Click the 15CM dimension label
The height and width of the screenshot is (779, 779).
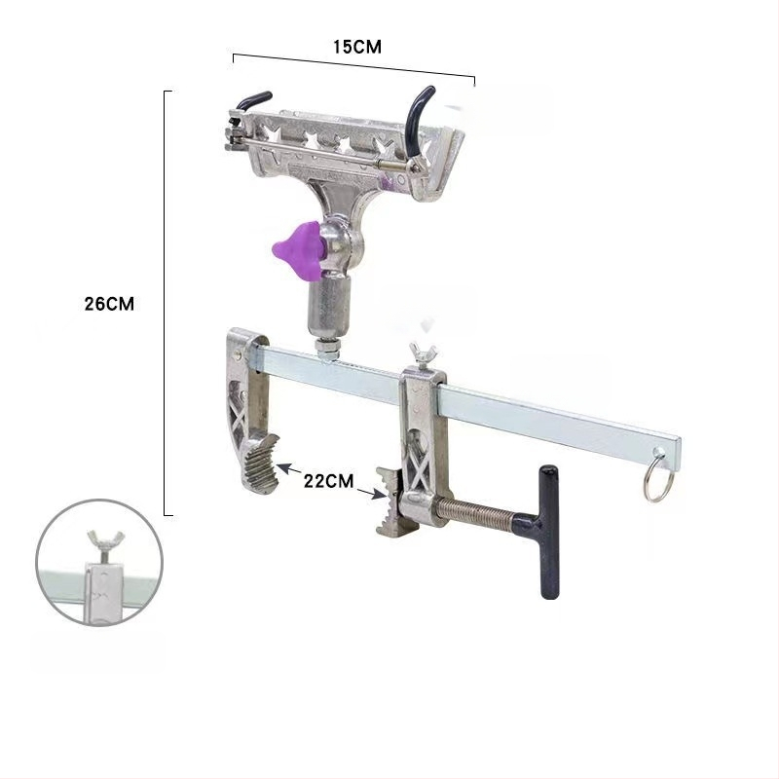(356, 47)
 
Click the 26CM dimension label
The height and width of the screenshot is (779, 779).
(109, 304)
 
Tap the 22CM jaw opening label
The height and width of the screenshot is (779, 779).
(328, 480)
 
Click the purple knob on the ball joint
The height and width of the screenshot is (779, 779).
(297, 250)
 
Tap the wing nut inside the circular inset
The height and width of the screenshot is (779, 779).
(105, 545)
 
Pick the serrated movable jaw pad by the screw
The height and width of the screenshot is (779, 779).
(389, 501)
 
